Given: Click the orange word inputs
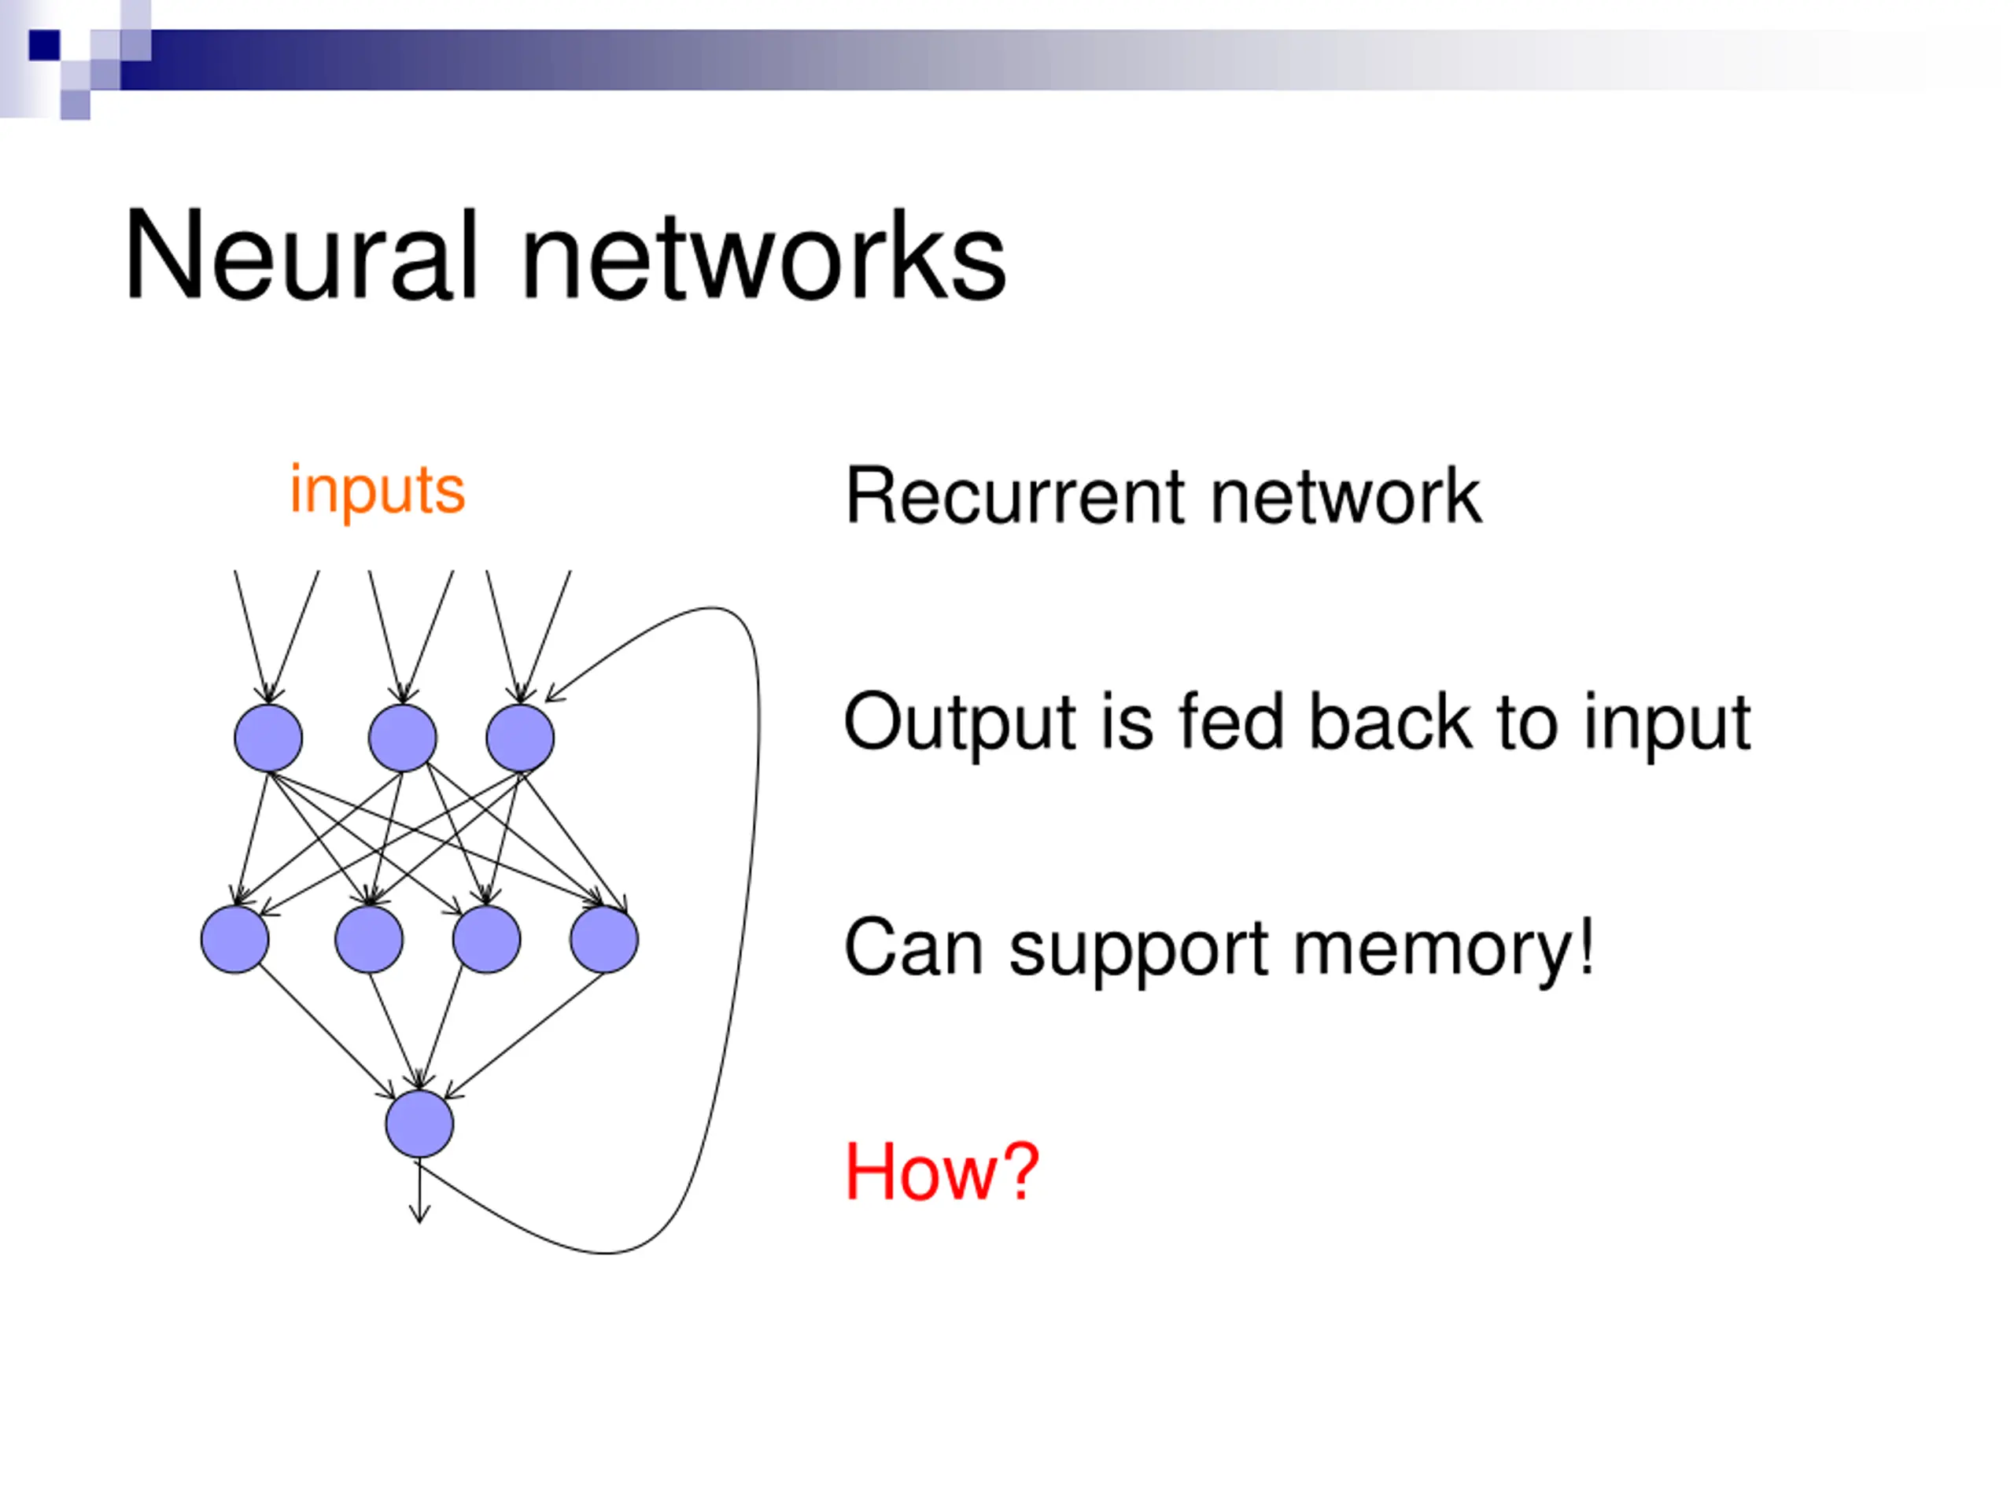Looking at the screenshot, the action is coord(377,492).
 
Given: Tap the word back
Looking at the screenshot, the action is coord(1391,722).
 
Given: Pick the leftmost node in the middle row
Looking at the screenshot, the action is coord(235,939).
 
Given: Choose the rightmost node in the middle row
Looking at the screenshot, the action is coord(603,939).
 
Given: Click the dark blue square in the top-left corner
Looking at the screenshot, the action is coord(45,46).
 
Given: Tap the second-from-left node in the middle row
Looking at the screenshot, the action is coord(369,939).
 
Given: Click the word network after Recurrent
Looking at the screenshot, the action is coord(1346,496).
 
